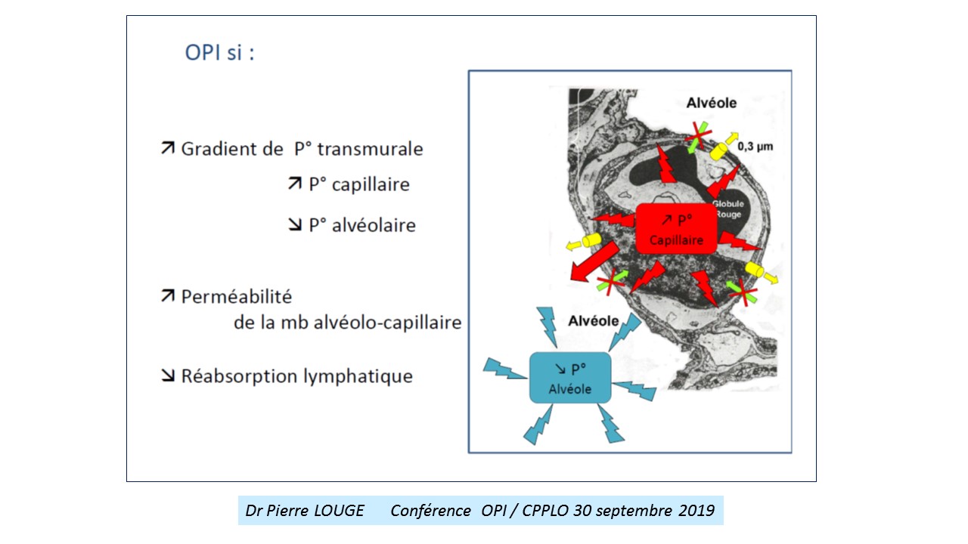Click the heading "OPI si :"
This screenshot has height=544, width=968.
click(219, 53)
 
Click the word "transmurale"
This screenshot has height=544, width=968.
click(370, 149)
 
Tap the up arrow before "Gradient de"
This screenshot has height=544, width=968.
click(168, 147)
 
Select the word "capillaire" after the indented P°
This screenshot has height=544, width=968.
click(371, 185)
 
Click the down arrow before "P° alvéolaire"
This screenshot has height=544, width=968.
click(295, 224)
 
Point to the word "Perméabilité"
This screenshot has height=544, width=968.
click(237, 297)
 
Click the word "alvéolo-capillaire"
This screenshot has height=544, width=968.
click(387, 323)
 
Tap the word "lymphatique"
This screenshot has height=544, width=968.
click(358, 376)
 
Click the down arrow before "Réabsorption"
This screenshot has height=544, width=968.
click(168, 376)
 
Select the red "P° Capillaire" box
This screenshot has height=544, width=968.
click(676, 229)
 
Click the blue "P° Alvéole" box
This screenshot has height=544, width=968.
click(570, 378)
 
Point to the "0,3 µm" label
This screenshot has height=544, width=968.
click(755, 147)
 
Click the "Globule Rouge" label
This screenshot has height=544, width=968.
click(728, 209)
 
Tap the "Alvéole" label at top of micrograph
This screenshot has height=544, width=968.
click(712, 103)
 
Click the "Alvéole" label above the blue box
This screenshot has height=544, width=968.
click(594, 321)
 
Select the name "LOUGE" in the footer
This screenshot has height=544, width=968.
click(339, 511)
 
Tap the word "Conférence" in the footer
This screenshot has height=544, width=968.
click(430, 511)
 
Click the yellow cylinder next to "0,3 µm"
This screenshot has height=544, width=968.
click(719, 150)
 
